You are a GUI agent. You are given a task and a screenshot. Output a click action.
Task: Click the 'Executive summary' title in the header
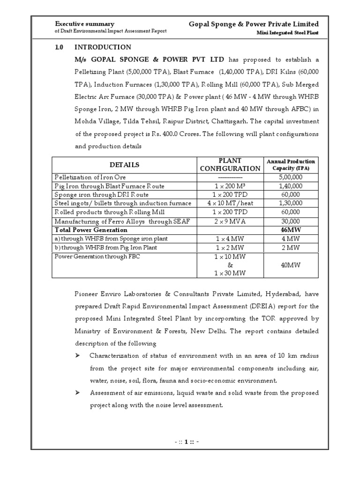click(x=85, y=24)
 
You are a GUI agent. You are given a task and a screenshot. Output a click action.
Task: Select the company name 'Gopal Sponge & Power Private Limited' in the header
click(x=254, y=24)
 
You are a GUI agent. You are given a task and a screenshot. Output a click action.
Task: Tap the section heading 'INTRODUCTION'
click(x=103, y=47)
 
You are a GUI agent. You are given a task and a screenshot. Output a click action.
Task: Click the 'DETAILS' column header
click(x=124, y=165)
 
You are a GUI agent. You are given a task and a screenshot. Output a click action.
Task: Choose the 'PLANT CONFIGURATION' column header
click(x=230, y=165)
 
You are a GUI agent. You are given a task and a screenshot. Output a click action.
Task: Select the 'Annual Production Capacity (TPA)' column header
click(x=291, y=165)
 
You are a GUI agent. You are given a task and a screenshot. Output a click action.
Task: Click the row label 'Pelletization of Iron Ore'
click(x=90, y=177)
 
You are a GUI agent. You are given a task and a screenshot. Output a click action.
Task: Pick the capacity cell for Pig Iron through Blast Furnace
click(x=291, y=186)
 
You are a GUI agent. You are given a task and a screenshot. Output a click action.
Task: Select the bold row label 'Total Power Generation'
click(x=91, y=230)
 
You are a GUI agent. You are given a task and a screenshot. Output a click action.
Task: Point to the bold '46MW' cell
click(x=291, y=230)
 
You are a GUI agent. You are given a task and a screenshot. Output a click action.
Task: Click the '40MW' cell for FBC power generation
click(x=291, y=265)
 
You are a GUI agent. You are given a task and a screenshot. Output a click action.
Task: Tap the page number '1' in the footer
click(x=186, y=442)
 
